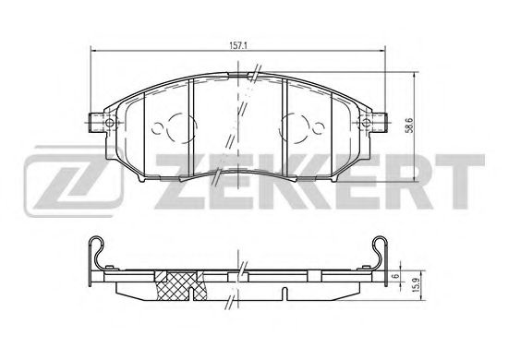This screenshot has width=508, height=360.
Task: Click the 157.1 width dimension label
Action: point(238,45)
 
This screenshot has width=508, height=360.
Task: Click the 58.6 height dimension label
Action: point(409,125)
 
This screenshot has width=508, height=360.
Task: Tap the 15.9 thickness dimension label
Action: point(417,285)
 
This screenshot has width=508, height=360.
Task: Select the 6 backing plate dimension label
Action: point(394,276)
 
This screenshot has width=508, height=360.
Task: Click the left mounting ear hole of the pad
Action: point(110,123)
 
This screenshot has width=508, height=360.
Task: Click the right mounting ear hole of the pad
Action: point(366,123)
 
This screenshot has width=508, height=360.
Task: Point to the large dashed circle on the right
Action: point(294,127)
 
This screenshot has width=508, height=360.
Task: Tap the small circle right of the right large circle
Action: point(318,128)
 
